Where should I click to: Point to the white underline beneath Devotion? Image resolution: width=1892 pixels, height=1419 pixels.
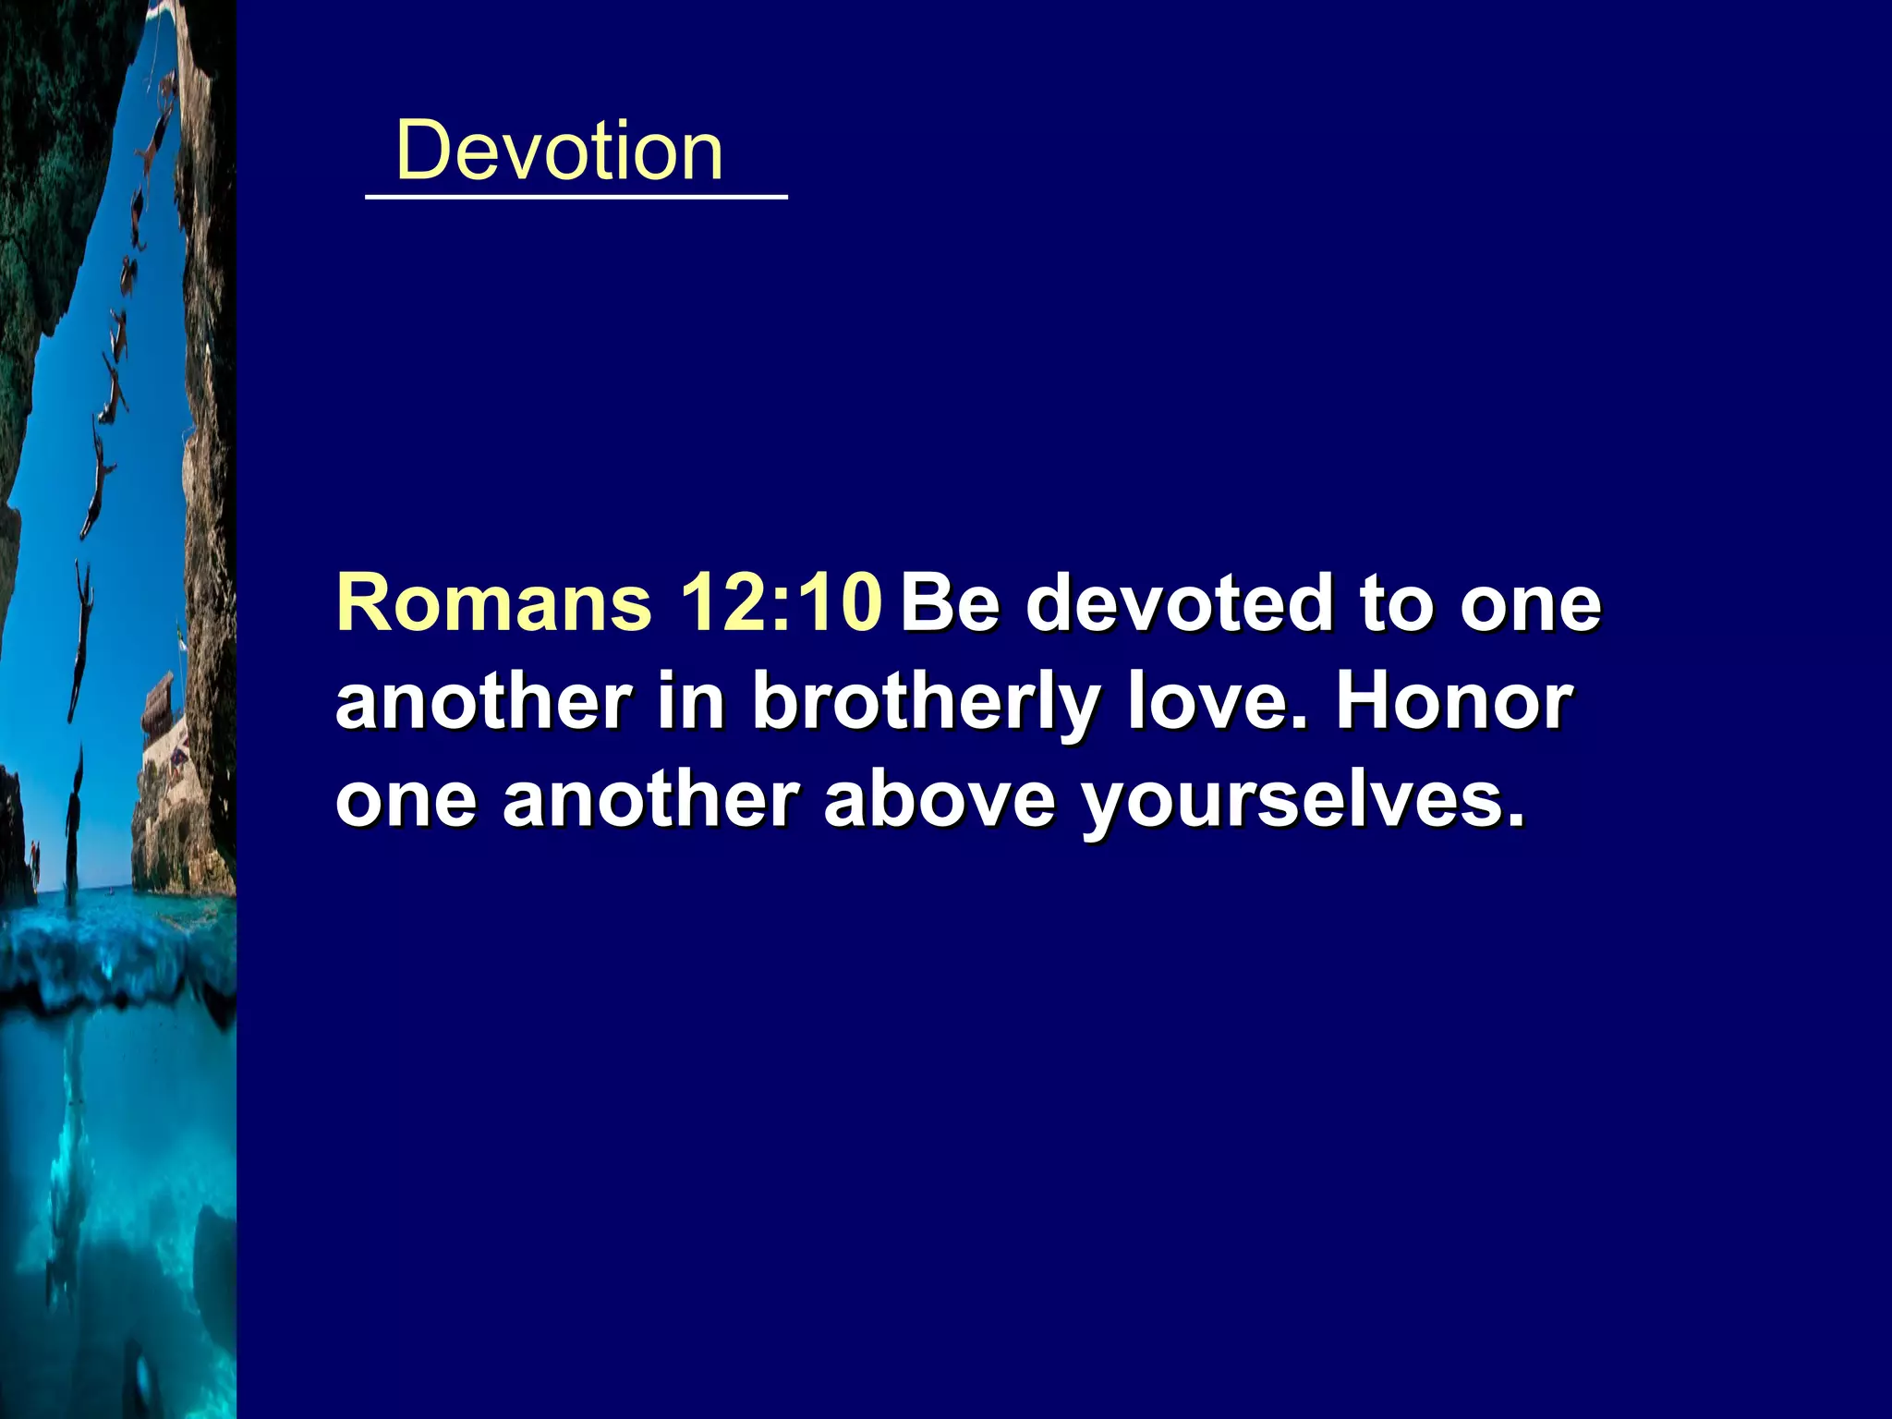click(x=576, y=197)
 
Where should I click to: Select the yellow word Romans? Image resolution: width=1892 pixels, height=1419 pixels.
click(x=494, y=603)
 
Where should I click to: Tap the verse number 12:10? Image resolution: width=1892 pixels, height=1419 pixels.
click(x=781, y=603)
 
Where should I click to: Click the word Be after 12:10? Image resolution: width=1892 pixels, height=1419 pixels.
click(x=951, y=603)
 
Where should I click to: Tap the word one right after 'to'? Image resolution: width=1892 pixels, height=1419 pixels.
click(x=1530, y=603)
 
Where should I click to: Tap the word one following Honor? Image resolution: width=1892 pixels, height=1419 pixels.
click(x=406, y=800)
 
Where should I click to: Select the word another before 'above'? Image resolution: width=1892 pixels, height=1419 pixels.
click(x=650, y=800)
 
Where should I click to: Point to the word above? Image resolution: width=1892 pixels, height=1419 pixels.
click(x=939, y=800)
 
